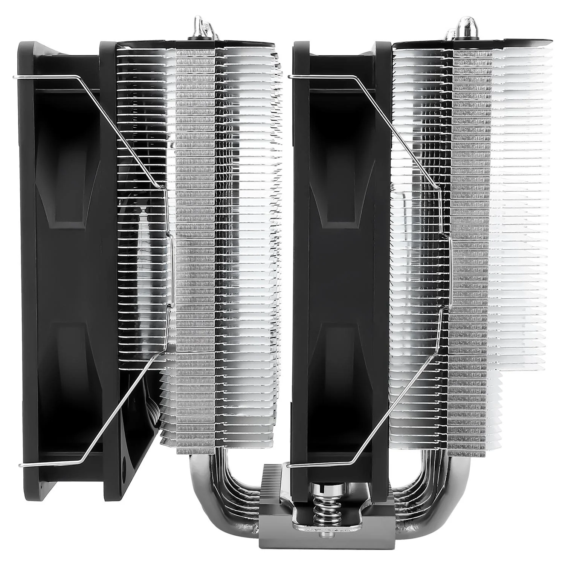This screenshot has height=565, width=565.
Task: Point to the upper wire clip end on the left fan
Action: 15,78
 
